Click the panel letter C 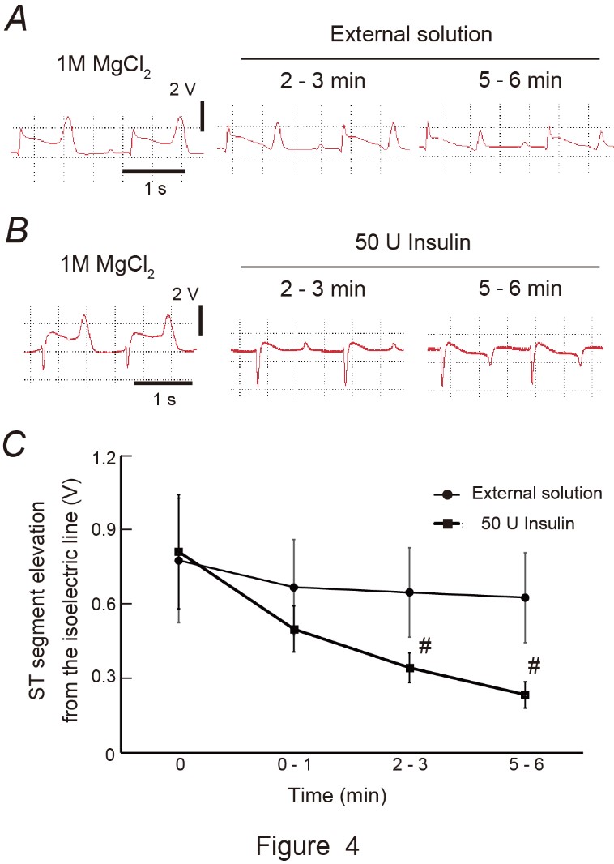click(18, 444)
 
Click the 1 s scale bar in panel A click(154, 171)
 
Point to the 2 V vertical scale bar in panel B click(200, 319)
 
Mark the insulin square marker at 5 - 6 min click(525, 695)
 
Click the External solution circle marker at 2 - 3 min click(409, 592)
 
